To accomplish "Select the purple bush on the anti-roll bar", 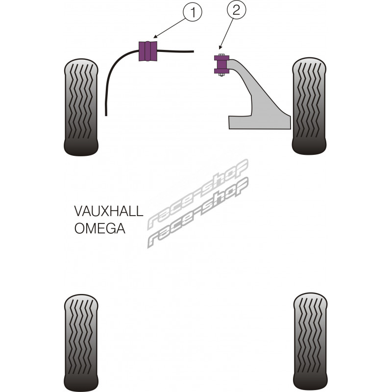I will click(x=147, y=51).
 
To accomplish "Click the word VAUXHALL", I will click(x=109, y=212).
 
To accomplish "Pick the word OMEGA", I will click(x=99, y=228).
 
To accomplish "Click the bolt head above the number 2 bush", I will click(x=220, y=54).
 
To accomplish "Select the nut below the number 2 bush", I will click(x=220, y=75).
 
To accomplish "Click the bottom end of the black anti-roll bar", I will click(x=106, y=114).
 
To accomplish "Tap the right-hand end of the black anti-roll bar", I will click(x=193, y=50).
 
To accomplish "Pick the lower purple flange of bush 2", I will click(x=220, y=71).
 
